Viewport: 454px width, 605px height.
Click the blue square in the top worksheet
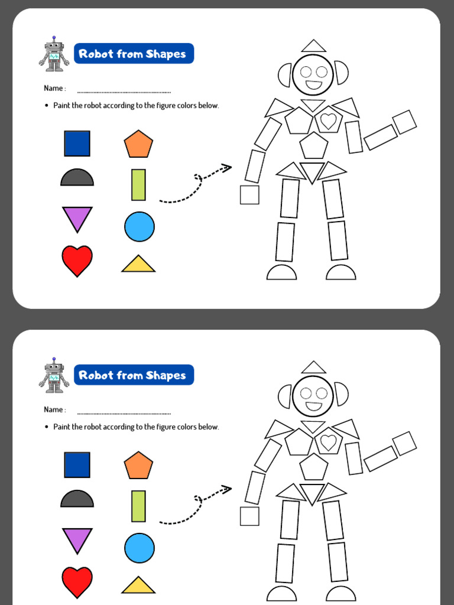[x=77, y=144]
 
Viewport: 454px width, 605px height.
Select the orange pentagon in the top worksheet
[x=138, y=145]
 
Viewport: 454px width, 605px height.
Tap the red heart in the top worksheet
[x=77, y=259]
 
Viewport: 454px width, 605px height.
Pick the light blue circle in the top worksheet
[x=140, y=226]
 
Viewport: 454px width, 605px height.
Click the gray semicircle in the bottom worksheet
[x=77, y=500]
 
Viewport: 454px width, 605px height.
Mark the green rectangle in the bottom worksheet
[x=138, y=506]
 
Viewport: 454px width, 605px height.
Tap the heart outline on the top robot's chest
[x=328, y=121]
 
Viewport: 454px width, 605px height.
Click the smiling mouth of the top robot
[x=313, y=85]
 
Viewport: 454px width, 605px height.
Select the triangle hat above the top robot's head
[x=313, y=46]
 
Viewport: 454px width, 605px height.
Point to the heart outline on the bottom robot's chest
[x=328, y=442]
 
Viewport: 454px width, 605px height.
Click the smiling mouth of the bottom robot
[x=313, y=406]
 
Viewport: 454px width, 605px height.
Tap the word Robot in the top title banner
[x=96, y=54]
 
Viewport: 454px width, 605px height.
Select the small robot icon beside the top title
[x=54, y=54]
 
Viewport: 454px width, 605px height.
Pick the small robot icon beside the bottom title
[x=54, y=376]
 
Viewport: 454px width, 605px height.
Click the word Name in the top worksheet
[x=53, y=89]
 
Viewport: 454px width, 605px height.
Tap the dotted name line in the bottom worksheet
[x=124, y=413]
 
